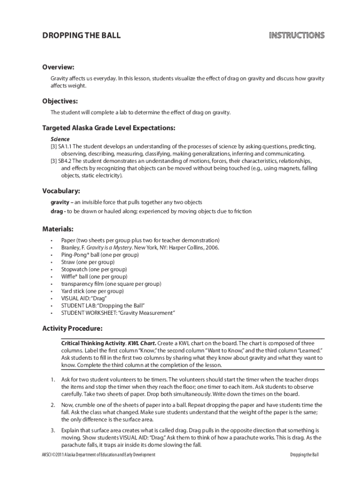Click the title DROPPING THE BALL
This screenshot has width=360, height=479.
point(81,36)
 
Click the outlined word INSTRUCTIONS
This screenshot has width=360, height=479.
point(296,36)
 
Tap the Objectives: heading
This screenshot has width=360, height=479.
point(60,101)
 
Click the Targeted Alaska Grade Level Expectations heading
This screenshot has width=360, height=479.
point(109,128)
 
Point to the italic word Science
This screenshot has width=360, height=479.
point(60,139)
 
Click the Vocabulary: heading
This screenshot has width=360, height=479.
point(61,191)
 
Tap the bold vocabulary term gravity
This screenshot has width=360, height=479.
point(59,202)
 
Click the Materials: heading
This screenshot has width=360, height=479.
point(58,229)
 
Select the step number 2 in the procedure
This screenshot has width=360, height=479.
point(53,405)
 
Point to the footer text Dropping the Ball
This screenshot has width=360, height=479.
point(304,455)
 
